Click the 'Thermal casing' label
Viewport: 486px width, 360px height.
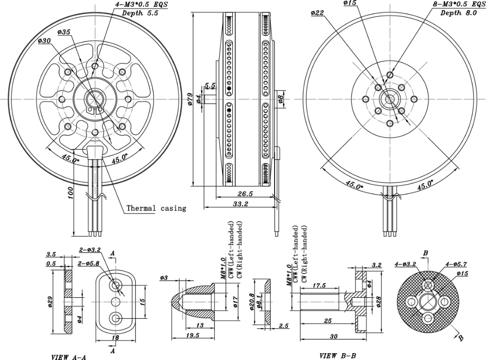click(156, 208)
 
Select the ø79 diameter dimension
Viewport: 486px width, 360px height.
click(190, 100)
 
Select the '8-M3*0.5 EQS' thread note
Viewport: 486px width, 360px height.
click(459, 5)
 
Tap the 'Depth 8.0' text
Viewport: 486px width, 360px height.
click(460, 13)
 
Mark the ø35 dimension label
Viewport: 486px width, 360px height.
click(64, 32)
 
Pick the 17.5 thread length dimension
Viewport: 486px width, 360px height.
click(319, 286)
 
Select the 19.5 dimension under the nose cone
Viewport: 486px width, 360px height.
click(193, 336)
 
